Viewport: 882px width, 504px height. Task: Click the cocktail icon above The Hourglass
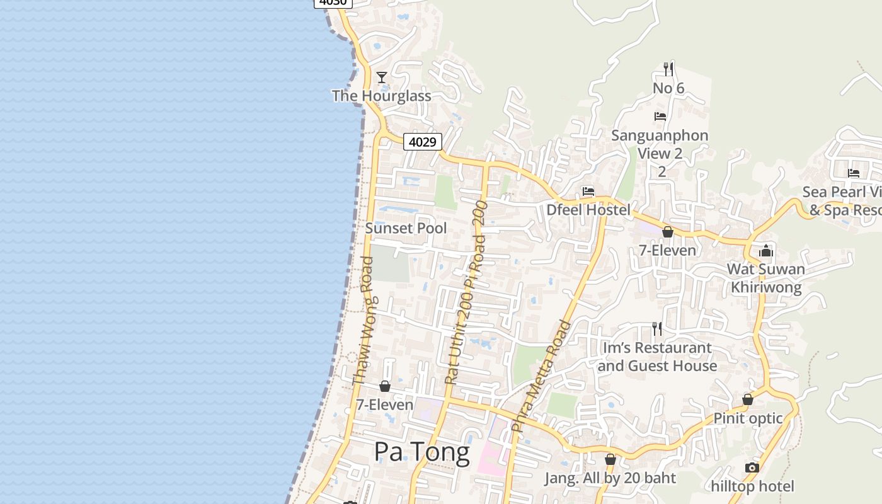tap(381, 77)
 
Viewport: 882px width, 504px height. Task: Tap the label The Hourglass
tap(381, 96)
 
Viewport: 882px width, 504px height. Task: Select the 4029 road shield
tap(422, 142)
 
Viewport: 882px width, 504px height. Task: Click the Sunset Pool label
tap(406, 228)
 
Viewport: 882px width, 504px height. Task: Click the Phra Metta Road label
tap(541, 376)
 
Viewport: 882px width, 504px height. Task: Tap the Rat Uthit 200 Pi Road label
tap(466, 292)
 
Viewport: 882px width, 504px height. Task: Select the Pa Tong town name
tap(421, 452)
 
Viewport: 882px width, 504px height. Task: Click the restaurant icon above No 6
tap(668, 69)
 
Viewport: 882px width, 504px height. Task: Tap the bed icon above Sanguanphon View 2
tap(660, 117)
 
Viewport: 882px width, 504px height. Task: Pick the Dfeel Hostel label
tap(588, 210)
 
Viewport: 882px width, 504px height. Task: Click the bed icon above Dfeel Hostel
tap(588, 192)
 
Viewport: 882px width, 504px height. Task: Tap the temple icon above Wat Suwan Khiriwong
tap(766, 251)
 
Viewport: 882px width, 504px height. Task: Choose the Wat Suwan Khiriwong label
tap(766, 278)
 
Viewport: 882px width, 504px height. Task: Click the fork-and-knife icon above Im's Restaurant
tap(657, 329)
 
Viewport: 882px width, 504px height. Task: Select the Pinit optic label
tap(748, 418)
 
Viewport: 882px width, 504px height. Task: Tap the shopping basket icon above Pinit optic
tap(748, 400)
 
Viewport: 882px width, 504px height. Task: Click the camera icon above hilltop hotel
tap(752, 467)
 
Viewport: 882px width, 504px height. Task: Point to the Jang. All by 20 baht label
tap(610, 478)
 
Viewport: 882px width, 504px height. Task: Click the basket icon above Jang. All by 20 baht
tap(610, 460)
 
